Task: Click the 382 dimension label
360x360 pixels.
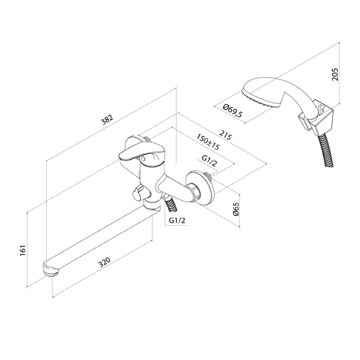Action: [107, 120]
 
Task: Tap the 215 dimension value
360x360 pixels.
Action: [226, 135]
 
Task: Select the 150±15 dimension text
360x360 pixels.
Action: [208, 142]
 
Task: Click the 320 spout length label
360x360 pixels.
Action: [104, 262]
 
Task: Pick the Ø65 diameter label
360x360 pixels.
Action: [236, 209]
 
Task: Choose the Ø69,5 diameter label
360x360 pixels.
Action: [232, 111]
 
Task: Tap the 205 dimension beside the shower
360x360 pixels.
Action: [335, 74]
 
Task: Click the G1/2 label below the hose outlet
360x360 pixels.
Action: [177, 221]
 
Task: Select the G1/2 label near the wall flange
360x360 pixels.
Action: [209, 161]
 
